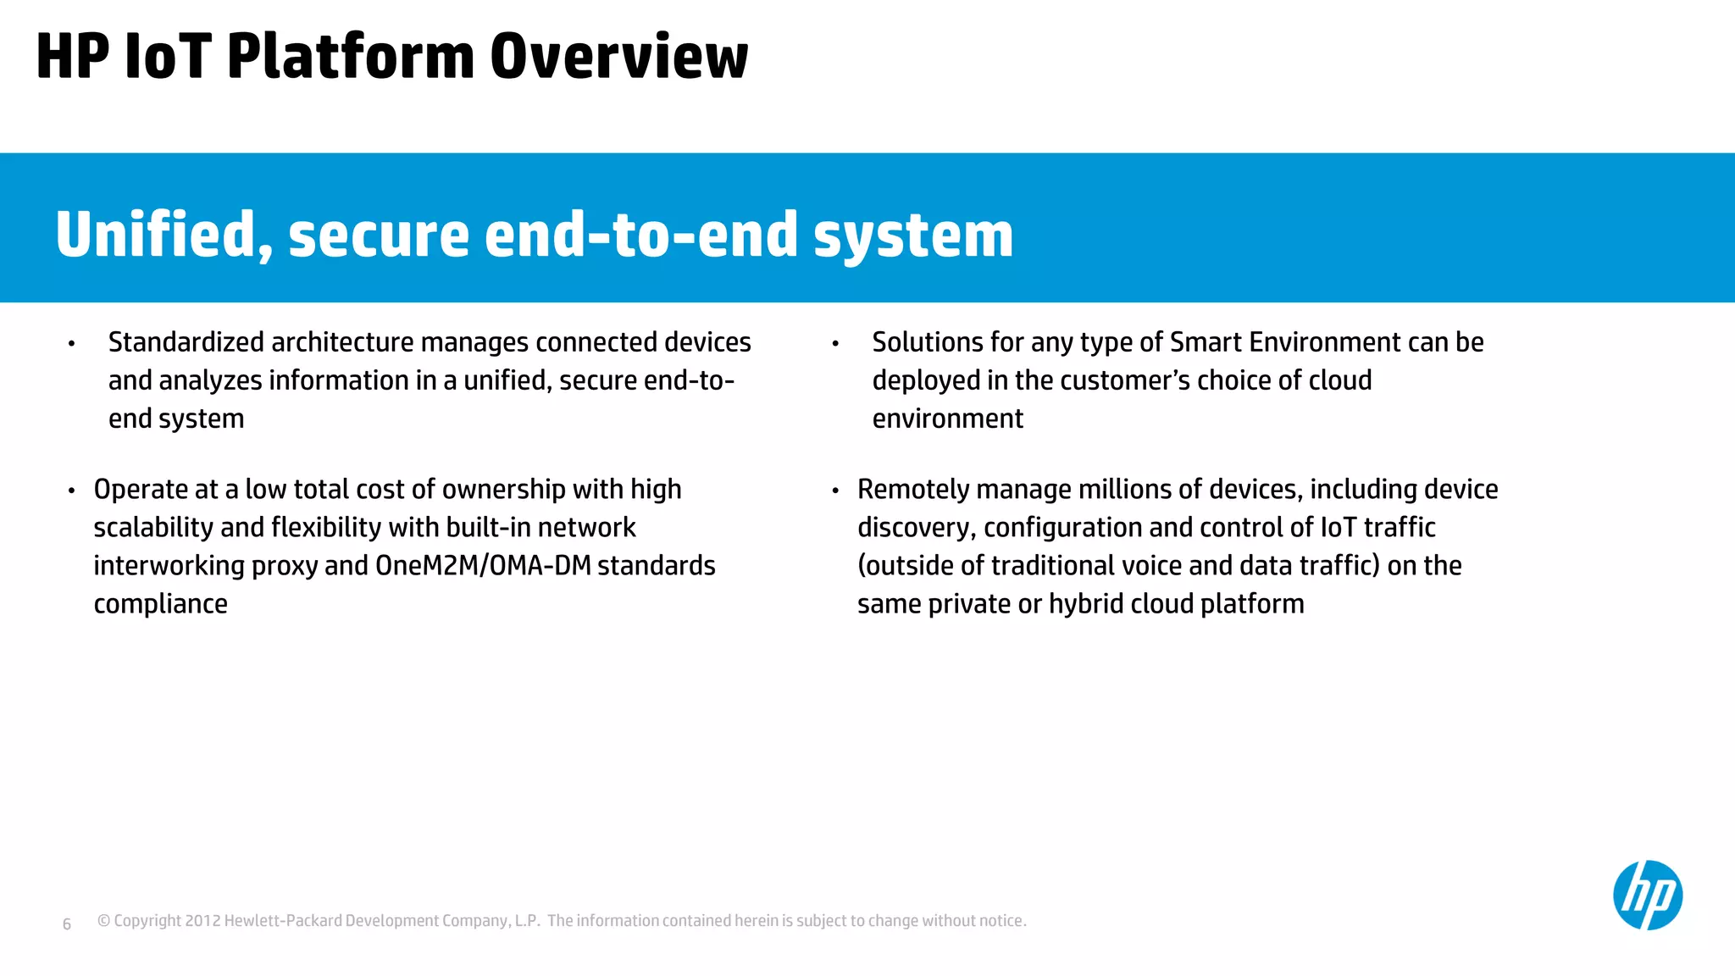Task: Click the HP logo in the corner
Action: pyautogui.click(x=1647, y=895)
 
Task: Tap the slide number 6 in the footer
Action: pyautogui.click(x=67, y=924)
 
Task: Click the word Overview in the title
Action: pyautogui.click(x=618, y=57)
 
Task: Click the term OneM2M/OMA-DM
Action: pyautogui.click(x=483, y=566)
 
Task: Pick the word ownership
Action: pyautogui.click(x=503, y=490)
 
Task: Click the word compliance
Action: pyautogui.click(x=160, y=604)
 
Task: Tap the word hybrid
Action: pyautogui.click(x=1086, y=604)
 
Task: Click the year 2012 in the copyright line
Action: pyautogui.click(x=202, y=921)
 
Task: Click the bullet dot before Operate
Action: pyautogui.click(x=72, y=491)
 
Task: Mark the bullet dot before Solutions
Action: pyautogui.click(x=835, y=344)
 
